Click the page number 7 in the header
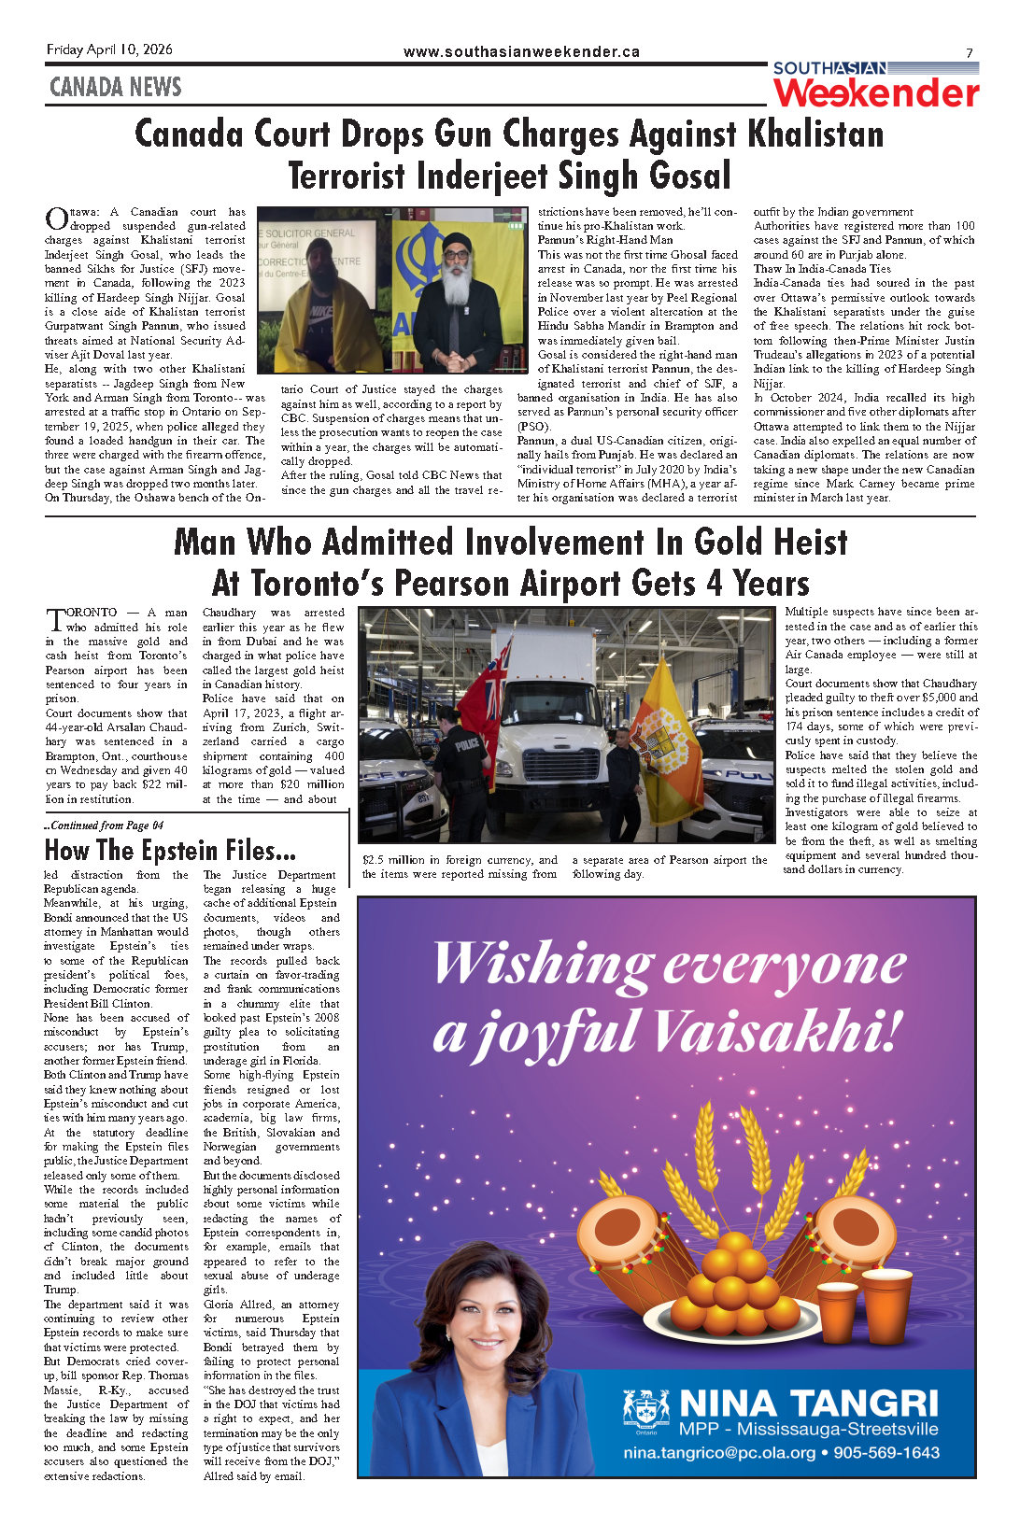click(970, 53)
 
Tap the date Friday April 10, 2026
click(109, 49)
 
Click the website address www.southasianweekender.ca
click(521, 52)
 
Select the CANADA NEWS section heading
click(115, 87)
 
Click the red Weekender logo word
click(876, 93)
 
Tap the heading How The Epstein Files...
click(170, 851)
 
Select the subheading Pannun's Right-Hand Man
click(604, 240)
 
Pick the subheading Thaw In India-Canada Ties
click(822, 268)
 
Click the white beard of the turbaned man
click(456, 284)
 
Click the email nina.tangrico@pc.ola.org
click(719, 1452)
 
